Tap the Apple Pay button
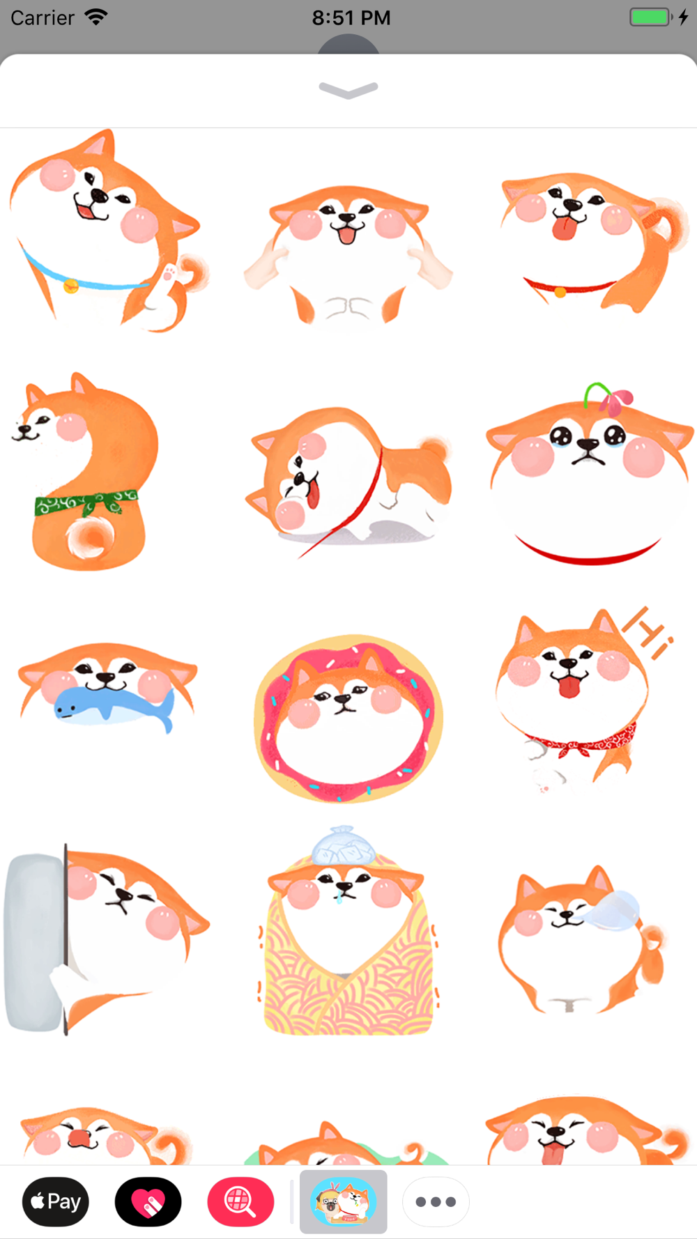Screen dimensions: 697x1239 pyautogui.click(x=56, y=1201)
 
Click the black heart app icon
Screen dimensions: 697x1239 pyautogui.click(x=148, y=1201)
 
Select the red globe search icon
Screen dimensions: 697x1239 pyautogui.click(x=240, y=1201)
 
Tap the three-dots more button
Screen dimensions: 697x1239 pyautogui.click(x=436, y=1201)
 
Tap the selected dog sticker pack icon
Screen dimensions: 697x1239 pyautogui.click(x=344, y=1201)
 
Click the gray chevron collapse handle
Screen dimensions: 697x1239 pyautogui.click(x=348, y=90)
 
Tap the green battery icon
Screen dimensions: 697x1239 pyautogui.click(x=650, y=17)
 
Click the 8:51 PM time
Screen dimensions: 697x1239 pyautogui.click(x=351, y=17)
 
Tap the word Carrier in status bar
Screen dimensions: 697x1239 pyautogui.click(x=43, y=17)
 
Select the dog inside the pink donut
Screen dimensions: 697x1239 pyautogui.click(x=348, y=718)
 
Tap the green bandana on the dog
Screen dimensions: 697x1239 pyautogui.click(x=87, y=503)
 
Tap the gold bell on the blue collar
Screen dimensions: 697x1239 pyautogui.click(x=71, y=286)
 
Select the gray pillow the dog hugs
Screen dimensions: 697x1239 pyautogui.click(x=35, y=942)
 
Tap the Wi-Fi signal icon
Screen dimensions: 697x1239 pyautogui.click(x=96, y=17)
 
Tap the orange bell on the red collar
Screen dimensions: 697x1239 pyautogui.click(x=560, y=293)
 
